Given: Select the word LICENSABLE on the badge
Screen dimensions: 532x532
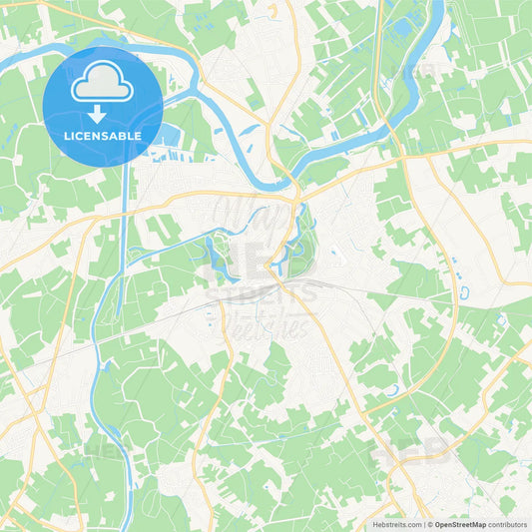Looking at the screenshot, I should coord(103,136).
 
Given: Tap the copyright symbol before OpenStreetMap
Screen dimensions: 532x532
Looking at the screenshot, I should coord(430,524).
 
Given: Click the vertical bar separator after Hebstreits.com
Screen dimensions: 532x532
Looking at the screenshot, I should coord(423,524).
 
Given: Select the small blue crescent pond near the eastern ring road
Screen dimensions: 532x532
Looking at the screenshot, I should coord(464,293).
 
